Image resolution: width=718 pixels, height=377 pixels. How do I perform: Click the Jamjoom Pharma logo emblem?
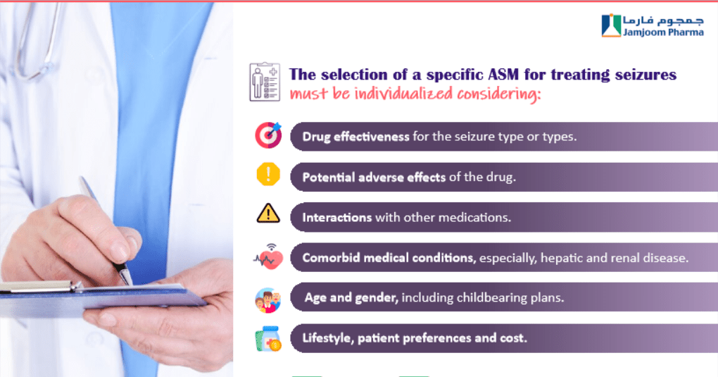(611, 25)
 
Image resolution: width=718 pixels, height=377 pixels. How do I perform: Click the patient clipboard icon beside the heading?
(265, 82)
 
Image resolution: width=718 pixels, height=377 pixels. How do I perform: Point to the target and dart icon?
(268, 135)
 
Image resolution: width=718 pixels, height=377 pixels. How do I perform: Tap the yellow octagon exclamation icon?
(268, 174)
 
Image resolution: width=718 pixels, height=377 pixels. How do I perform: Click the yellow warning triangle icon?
(268, 214)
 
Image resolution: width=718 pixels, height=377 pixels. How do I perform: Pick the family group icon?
(268, 300)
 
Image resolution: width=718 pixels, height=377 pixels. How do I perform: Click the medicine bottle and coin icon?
(268, 340)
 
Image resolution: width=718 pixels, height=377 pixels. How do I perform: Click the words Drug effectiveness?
(355, 137)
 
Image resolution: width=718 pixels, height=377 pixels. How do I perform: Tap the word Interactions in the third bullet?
(337, 218)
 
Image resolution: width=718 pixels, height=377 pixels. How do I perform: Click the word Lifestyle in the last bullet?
(327, 338)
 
